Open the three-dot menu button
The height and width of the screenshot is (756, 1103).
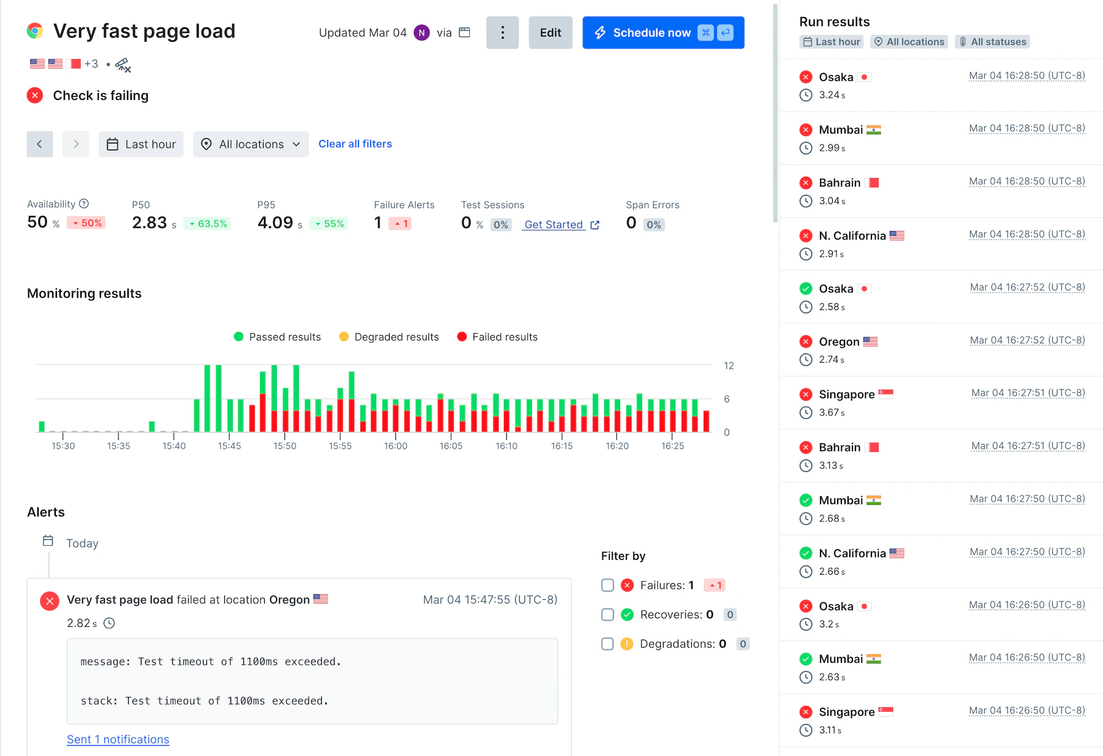[502, 32]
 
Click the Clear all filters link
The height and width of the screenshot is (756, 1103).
[355, 144]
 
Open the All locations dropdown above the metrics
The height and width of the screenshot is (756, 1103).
[251, 144]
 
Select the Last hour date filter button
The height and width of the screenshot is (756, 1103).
[141, 144]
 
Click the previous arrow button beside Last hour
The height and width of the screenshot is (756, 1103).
[40, 144]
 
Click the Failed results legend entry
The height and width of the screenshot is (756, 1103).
[498, 337]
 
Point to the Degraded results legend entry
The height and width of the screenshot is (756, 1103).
[389, 337]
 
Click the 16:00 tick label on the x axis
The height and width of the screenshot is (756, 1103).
[395, 446]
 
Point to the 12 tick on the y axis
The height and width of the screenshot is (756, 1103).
[729, 366]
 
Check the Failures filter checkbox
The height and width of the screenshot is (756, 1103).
[607, 585]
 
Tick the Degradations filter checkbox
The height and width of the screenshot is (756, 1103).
[607, 644]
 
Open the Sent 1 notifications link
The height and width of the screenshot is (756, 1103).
[118, 739]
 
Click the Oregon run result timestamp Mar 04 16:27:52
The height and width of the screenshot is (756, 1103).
[1027, 340]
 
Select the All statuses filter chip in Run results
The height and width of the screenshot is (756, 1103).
[992, 42]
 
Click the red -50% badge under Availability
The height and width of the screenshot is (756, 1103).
[86, 223]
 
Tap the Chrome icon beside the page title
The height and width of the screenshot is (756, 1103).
[35, 31]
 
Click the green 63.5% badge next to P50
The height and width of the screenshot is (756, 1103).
[208, 224]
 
